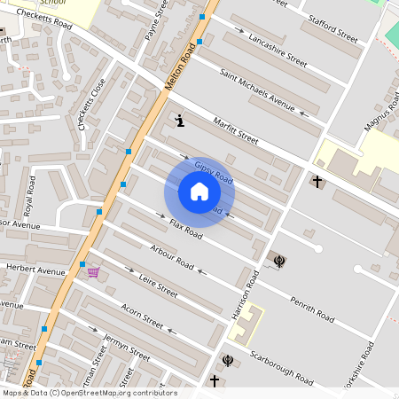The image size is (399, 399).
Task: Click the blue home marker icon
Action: pyautogui.click(x=199, y=192)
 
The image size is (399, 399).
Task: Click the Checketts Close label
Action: pyautogui.click(x=91, y=105)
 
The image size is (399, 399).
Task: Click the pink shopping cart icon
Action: pyautogui.click(x=93, y=272)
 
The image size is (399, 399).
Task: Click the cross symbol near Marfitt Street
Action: pyautogui.click(x=317, y=181)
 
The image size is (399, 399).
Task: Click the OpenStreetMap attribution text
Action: pyautogui.click(x=89, y=393)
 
